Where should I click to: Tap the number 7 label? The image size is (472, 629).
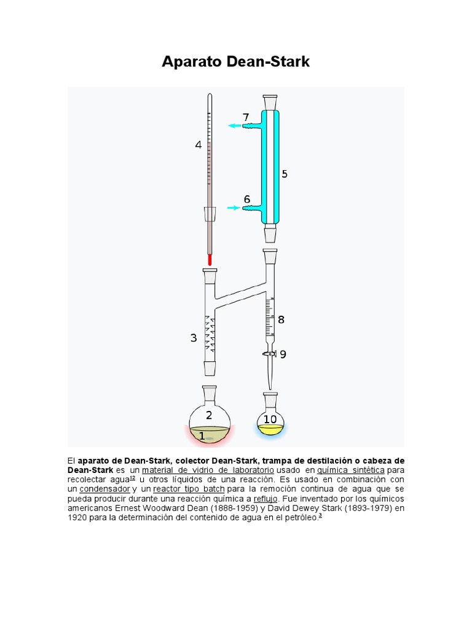(x=246, y=117)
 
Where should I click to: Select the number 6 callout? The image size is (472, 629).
(x=247, y=199)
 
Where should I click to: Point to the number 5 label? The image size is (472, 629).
(x=285, y=174)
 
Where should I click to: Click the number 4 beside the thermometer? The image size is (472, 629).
(x=198, y=145)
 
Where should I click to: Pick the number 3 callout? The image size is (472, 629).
(x=194, y=338)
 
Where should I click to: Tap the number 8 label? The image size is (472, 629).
(x=281, y=319)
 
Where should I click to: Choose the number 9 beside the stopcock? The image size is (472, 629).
(x=283, y=354)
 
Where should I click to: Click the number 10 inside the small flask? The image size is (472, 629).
(x=270, y=419)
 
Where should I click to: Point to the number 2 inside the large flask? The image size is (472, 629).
(x=209, y=415)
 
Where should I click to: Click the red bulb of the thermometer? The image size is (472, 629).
(x=209, y=260)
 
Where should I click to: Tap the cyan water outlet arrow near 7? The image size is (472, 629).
(x=234, y=126)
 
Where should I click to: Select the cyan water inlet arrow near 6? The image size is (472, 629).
(x=234, y=208)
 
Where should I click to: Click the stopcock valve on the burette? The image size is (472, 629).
(x=269, y=354)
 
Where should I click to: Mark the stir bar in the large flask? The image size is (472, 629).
(x=210, y=439)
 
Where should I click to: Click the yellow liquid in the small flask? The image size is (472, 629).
(x=270, y=429)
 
